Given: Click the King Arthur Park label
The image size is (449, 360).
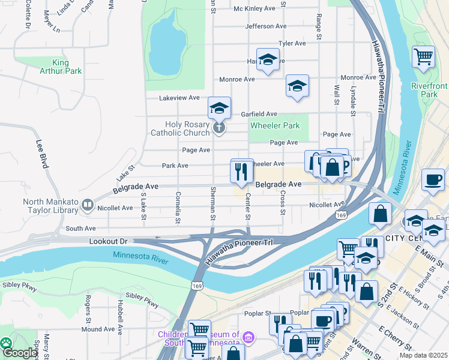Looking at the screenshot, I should coord(67,67).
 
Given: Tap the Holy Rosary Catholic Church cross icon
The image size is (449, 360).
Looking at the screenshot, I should coord(220,127).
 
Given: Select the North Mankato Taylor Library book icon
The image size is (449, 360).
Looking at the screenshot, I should coord(88,205).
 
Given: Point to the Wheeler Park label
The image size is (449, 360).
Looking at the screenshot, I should coord(274,125).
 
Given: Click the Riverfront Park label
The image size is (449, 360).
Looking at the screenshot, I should coord(429,90).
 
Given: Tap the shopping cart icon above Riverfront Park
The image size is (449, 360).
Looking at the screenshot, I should coord(423,57).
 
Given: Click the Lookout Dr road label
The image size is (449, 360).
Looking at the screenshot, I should coord(109,241).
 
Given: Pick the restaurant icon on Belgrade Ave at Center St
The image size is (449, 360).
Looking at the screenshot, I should coord(242,172).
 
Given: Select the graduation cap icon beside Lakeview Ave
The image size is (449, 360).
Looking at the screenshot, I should coord(220,109).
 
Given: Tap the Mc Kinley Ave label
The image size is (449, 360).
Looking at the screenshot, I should coord(254,8).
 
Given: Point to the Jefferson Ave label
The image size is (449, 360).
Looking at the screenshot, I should coord(266,26).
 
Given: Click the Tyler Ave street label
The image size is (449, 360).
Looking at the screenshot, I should coord(292,43).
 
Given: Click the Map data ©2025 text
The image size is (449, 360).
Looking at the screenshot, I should coord(427,355).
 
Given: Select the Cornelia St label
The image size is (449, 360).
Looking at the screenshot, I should coord(178,208).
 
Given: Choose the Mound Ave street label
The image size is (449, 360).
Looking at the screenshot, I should coord(98,329).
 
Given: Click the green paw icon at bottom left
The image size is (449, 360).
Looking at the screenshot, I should coord(6,343).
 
